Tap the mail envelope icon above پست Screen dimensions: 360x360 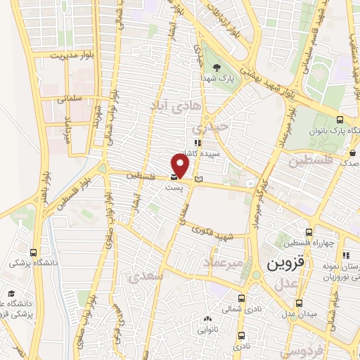174,178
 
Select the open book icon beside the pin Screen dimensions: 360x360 198,179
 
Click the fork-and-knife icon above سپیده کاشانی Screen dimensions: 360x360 198,143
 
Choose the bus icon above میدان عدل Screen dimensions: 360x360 300,304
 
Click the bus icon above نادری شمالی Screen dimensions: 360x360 242,297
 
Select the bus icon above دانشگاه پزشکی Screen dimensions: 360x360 33,252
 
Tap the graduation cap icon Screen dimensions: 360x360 11,294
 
